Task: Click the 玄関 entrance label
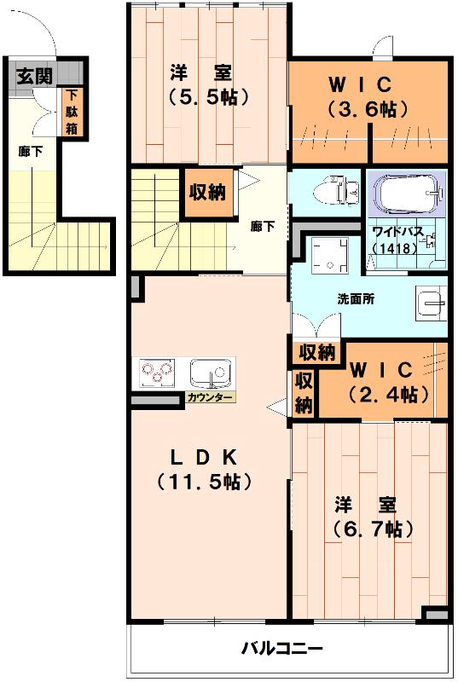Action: (34, 75)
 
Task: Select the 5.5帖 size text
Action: (208, 97)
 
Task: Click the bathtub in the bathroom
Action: (409, 195)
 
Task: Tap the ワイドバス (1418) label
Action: (396, 238)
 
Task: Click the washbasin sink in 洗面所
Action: (431, 302)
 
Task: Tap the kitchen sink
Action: (210, 373)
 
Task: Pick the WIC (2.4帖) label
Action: (382, 383)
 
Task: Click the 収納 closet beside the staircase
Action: (207, 192)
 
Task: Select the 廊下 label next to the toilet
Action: (263, 226)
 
